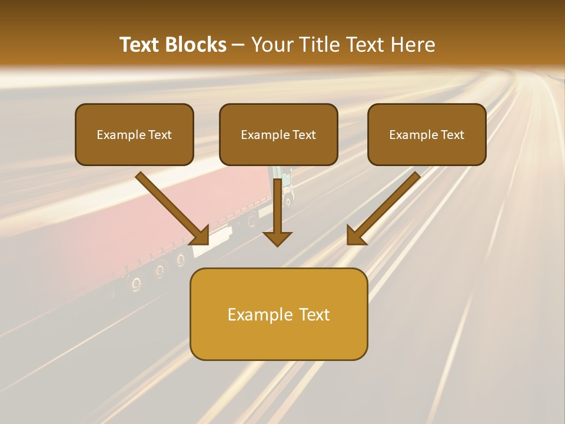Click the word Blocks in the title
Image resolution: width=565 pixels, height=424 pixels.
click(x=196, y=45)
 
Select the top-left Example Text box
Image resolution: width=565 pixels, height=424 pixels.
click(x=134, y=135)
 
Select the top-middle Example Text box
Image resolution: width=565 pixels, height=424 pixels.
click(x=278, y=135)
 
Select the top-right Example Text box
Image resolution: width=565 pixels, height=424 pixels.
click(x=427, y=135)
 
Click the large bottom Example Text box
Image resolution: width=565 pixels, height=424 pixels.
click(x=278, y=314)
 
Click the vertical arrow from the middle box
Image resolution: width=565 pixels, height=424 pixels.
click(x=277, y=206)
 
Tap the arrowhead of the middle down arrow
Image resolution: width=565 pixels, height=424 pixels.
click(x=277, y=238)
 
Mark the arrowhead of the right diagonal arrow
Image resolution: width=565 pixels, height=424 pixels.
click(x=355, y=236)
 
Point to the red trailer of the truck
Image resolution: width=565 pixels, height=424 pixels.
click(x=88, y=224)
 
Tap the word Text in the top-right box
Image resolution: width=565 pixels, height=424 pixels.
click(x=452, y=135)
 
